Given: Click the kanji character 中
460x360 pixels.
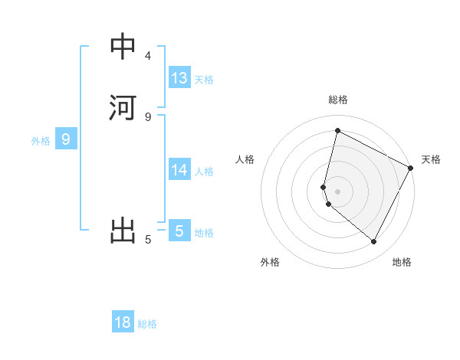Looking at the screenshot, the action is pos(123,47).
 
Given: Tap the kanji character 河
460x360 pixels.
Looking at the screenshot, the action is pos(123,107).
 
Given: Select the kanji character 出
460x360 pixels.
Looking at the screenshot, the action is pos(123,231).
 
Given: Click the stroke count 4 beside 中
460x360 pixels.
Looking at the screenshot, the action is pos(148,56).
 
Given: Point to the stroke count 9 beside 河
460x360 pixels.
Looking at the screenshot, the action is pos(148,116).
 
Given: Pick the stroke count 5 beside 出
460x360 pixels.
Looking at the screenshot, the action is pos(148,240).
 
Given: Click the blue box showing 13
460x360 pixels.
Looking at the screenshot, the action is pos(179,78).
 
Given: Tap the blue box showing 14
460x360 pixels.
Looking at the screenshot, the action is pos(179,170).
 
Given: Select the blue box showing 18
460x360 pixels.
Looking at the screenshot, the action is pos(123,322).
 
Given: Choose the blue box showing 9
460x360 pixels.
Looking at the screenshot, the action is pos(66,139).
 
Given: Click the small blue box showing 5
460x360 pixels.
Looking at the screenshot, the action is pos(179,231).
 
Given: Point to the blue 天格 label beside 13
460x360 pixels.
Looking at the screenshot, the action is pos(204,80).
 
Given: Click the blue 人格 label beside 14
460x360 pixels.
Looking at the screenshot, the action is pos(204,172).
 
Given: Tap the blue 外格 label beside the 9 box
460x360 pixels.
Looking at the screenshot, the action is pos(41,141).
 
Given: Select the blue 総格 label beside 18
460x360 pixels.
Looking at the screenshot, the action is pos(147,324).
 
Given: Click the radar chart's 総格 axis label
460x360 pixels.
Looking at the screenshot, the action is pos(337,100).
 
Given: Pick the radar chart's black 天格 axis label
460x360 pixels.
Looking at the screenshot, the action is pos(431,159).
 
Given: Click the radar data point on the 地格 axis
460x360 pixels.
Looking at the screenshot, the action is pos(373,242).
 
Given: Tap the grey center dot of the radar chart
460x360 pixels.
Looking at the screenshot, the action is pos(337,191).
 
